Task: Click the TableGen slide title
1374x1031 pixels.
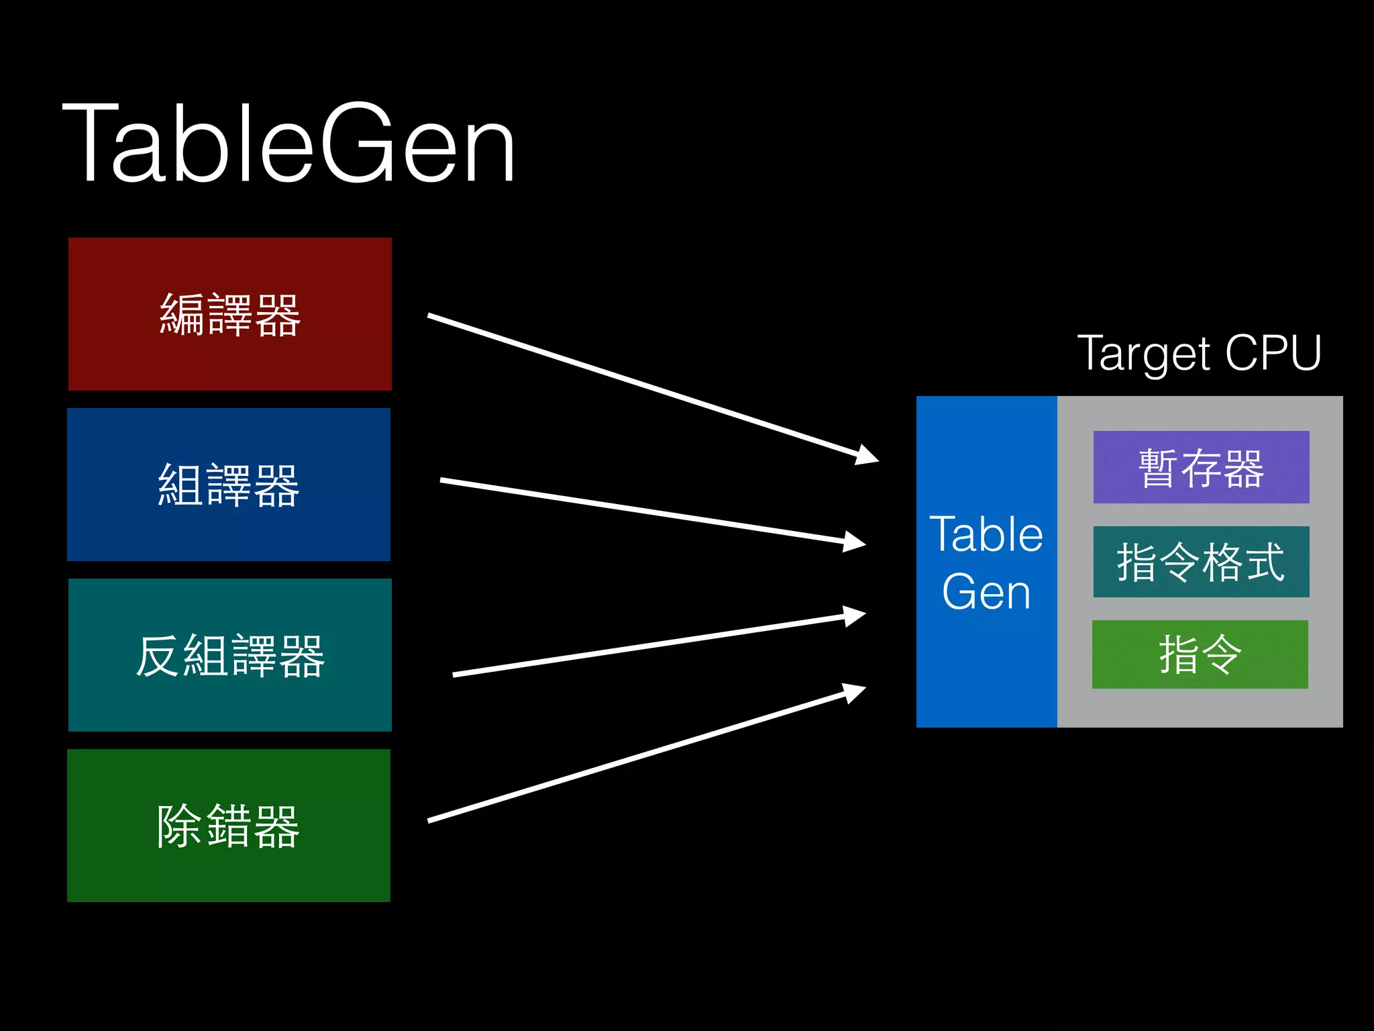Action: pyautogui.click(x=288, y=142)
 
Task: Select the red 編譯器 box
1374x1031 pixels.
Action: pyautogui.click(x=229, y=313)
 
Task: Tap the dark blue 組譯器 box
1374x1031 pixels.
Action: pyautogui.click(x=229, y=484)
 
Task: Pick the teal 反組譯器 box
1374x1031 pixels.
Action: pyautogui.click(x=229, y=654)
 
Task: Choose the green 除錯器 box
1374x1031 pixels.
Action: pyautogui.click(x=229, y=825)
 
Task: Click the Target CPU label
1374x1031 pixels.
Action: pyautogui.click(x=1199, y=353)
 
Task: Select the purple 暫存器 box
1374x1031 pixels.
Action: pyautogui.click(x=1201, y=467)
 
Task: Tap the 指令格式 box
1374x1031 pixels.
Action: pyautogui.click(x=1201, y=562)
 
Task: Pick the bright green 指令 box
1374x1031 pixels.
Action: pyautogui.click(x=1200, y=654)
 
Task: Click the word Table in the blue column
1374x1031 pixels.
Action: pyautogui.click(x=986, y=535)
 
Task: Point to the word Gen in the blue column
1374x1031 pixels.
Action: pyautogui.click(x=986, y=592)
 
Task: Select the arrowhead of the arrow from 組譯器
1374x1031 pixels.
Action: pyautogui.click(x=855, y=541)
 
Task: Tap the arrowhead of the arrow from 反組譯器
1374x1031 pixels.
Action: pyautogui.click(x=855, y=616)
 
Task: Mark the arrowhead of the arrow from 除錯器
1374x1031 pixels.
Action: pyautogui.click(x=855, y=692)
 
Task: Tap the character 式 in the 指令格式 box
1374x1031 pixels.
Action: pyautogui.click(x=1264, y=562)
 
